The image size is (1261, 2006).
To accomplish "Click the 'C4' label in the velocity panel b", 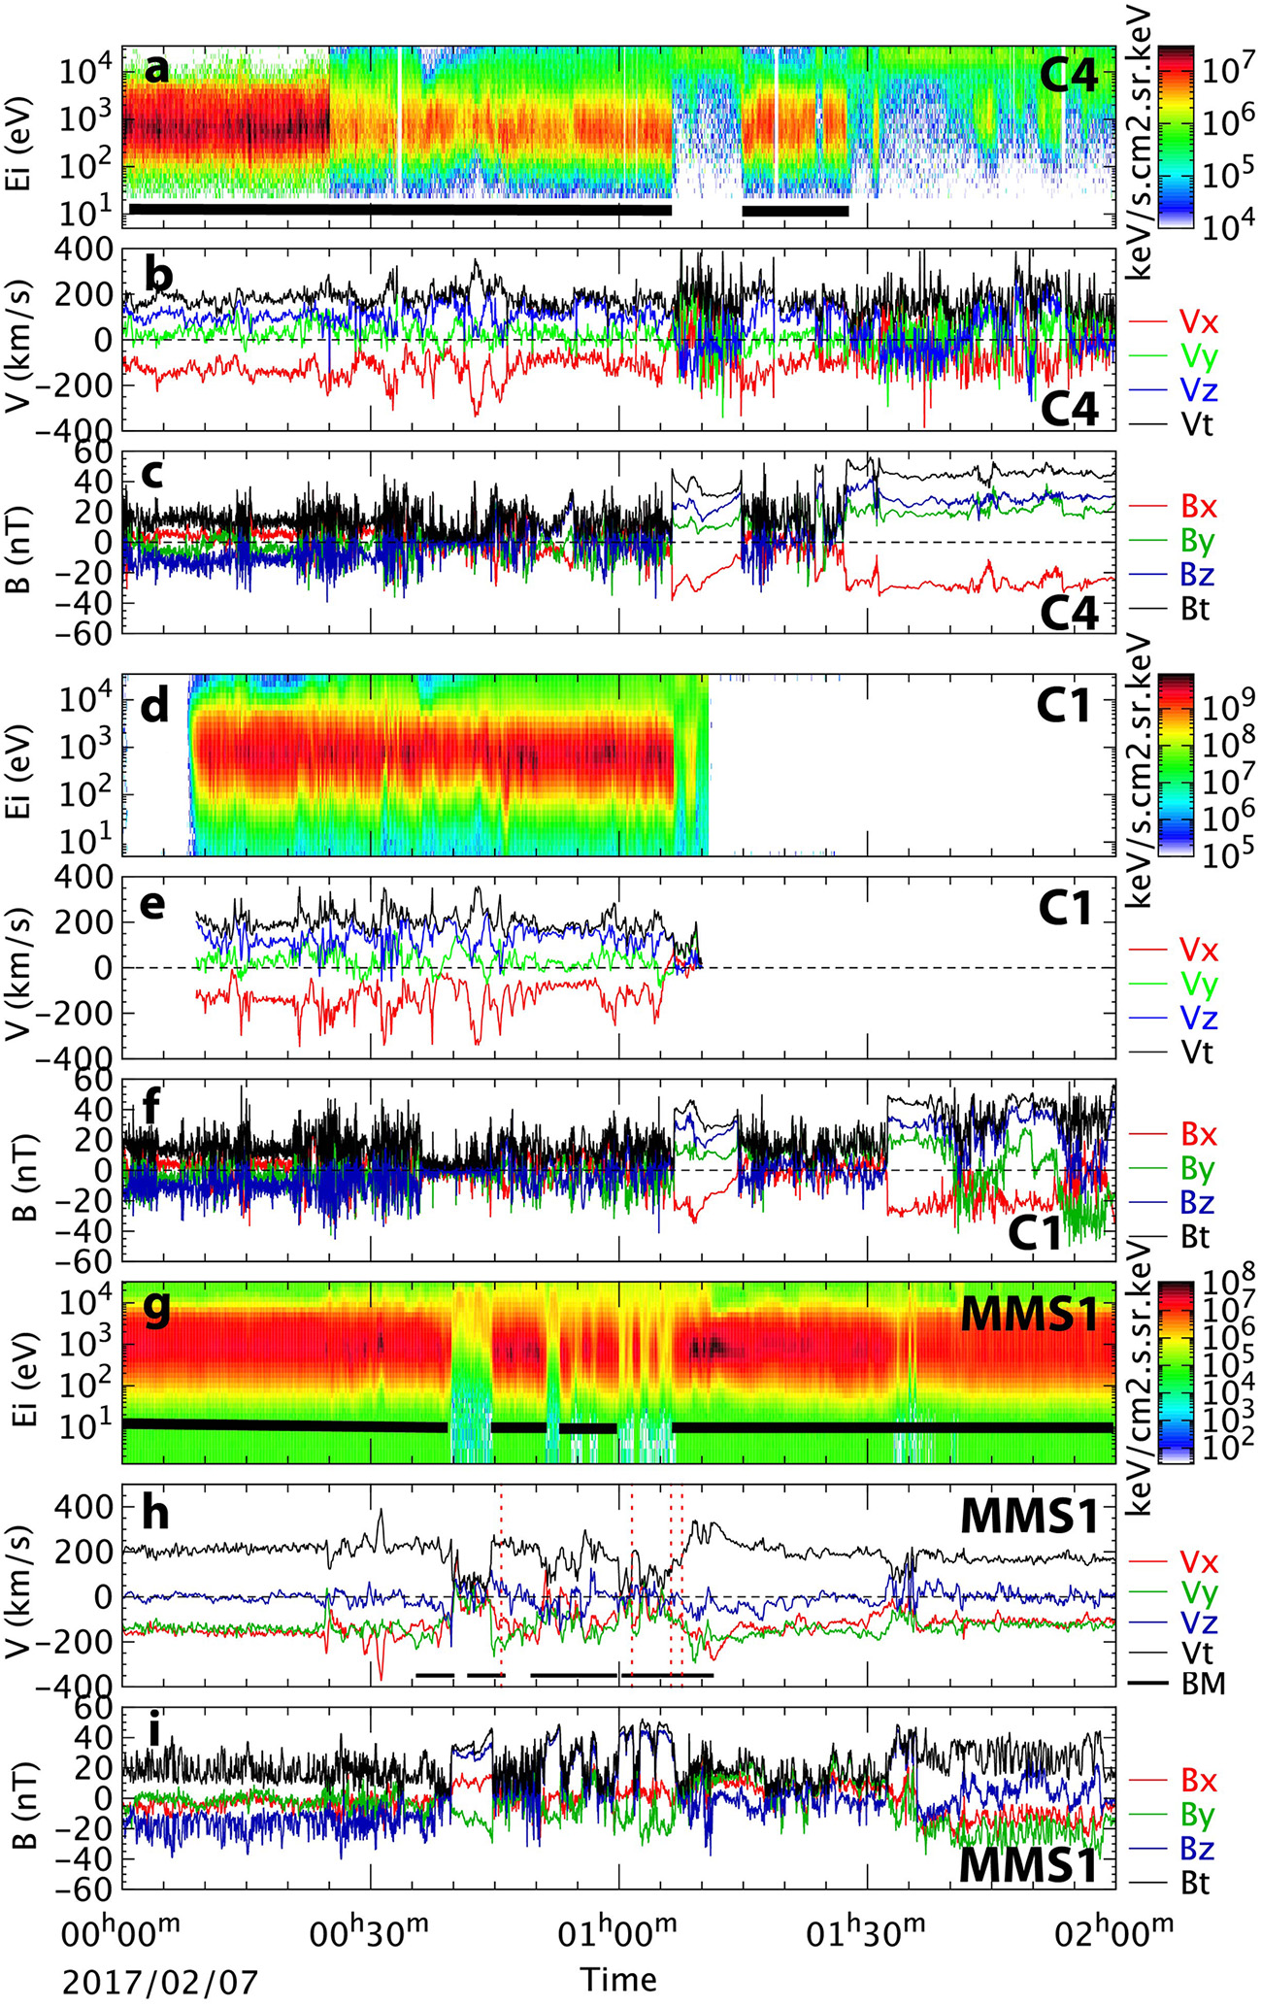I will (x=1069, y=412).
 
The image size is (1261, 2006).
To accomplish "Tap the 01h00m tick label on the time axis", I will (x=618, y=1925).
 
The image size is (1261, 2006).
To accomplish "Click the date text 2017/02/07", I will (x=161, y=1980).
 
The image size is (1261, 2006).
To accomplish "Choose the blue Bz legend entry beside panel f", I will (x=1197, y=1203).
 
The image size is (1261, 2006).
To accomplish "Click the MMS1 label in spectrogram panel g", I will (x=1029, y=1315).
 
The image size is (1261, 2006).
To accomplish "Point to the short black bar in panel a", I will (x=795, y=210).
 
